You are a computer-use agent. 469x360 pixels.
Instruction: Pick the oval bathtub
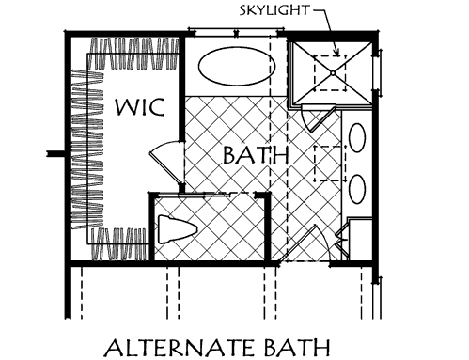point(236,69)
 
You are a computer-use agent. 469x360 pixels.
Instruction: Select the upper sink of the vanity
point(358,138)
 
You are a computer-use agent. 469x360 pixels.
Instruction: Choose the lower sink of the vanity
point(358,188)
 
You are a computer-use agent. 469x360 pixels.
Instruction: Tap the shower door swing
point(313,118)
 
